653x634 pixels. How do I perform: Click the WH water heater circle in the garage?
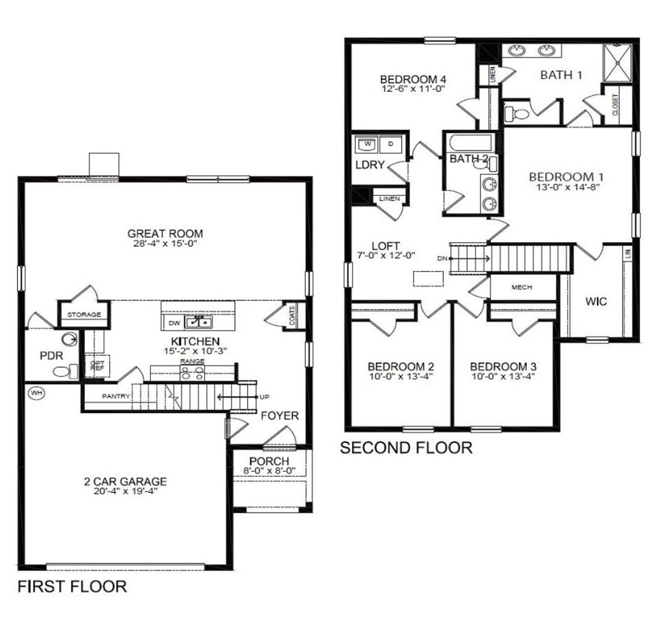(x=36, y=393)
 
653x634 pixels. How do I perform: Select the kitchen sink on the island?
(x=198, y=322)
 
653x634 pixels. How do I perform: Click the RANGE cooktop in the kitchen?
(x=192, y=374)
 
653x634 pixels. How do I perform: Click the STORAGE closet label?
(x=84, y=315)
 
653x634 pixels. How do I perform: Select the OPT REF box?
(x=97, y=366)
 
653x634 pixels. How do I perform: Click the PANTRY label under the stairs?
(x=116, y=396)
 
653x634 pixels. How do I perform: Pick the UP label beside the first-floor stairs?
(x=264, y=397)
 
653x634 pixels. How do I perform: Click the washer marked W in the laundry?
(x=367, y=144)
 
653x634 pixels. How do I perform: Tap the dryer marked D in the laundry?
(x=391, y=144)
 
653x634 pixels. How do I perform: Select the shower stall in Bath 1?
(x=618, y=63)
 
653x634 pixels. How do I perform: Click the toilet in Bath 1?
(x=516, y=113)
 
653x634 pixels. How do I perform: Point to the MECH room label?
(x=521, y=288)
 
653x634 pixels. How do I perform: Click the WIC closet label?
(x=596, y=301)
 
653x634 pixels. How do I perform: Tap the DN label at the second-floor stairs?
(x=442, y=259)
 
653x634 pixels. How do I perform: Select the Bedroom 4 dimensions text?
(x=413, y=88)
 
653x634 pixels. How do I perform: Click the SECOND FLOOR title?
(x=406, y=448)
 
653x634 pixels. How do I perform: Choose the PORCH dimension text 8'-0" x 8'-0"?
(x=269, y=470)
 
